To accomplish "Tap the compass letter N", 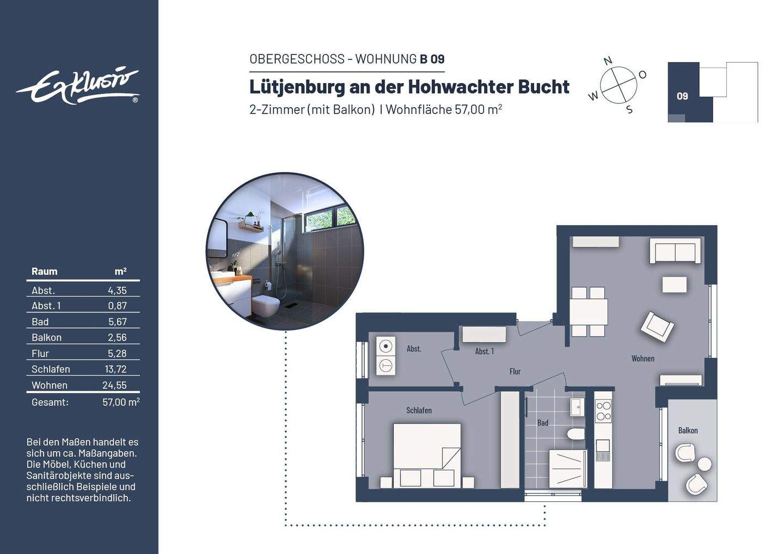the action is [608, 61].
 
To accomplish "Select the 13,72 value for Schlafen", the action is [116, 369].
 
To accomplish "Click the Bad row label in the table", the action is [40, 322].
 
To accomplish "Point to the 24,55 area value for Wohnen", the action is [114, 385].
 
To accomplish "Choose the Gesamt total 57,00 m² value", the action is [121, 402].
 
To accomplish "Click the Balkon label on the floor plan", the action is [688, 430].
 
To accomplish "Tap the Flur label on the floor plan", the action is [515, 372].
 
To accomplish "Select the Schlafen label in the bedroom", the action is [419, 410].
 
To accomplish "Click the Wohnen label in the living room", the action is [643, 359].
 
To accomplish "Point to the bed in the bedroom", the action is [427, 455].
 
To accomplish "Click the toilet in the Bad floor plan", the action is [575, 434].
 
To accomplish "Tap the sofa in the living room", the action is [675, 250].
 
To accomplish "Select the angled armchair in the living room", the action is [657, 327].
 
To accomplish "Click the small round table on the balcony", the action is [705, 464].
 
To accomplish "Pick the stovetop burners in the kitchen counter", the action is [603, 411].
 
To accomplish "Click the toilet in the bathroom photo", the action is [266, 305].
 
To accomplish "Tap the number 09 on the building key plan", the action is [682, 96].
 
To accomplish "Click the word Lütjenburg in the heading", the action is [297, 87].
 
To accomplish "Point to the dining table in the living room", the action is [589, 312].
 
